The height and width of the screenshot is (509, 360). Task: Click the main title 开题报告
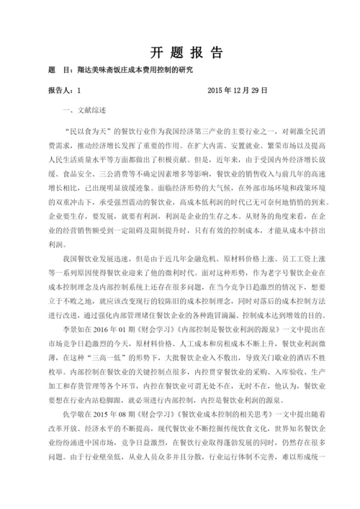[186, 54]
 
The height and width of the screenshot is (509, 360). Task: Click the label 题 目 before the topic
[58, 71]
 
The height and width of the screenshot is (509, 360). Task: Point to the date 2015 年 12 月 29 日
[237, 92]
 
